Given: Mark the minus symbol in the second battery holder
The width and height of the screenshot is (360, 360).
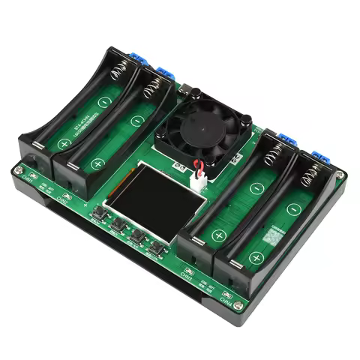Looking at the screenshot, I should coord(136,120).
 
